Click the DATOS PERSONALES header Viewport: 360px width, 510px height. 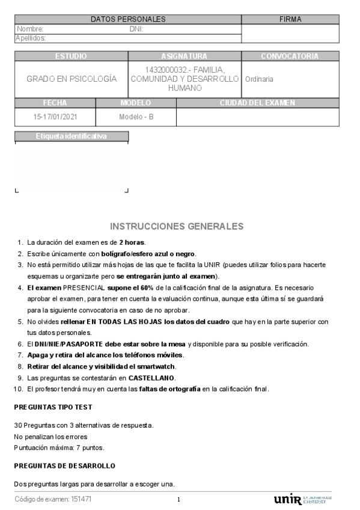(127, 20)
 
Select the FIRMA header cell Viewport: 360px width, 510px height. (290, 20)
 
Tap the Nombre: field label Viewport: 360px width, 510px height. (31, 28)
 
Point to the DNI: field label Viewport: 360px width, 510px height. (136, 28)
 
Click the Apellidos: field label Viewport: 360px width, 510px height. (31, 37)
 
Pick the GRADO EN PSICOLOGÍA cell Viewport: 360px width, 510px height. (72, 79)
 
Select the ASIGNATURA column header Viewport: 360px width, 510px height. (185, 56)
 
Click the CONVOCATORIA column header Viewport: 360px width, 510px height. (290, 56)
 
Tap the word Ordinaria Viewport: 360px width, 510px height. (259, 79)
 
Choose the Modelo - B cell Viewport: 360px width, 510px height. (136, 117)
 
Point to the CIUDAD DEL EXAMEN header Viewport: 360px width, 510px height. (257, 103)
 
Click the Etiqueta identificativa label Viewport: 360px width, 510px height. (72, 137)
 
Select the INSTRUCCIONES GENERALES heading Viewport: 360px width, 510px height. (177, 226)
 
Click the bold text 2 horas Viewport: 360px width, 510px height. (132, 242)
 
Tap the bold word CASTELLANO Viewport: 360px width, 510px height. (151, 378)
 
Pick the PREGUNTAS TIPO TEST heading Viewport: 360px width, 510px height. (53, 407)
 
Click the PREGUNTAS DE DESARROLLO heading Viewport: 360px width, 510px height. (64, 466)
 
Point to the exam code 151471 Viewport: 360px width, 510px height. (82, 499)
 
